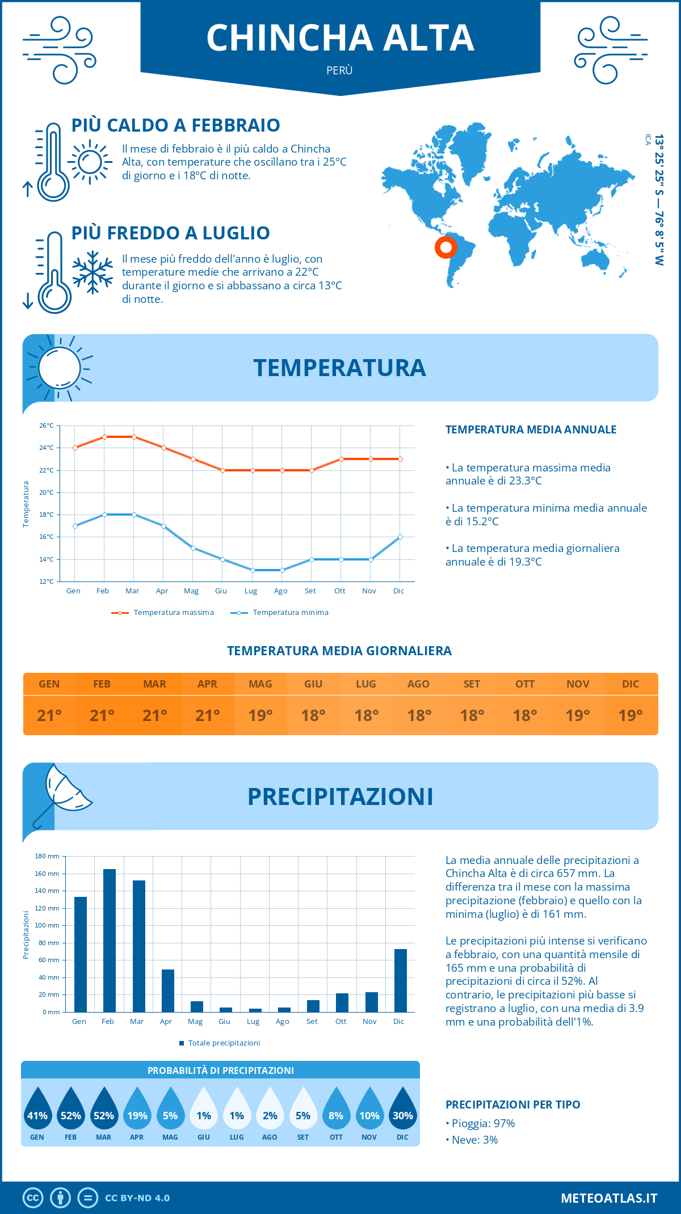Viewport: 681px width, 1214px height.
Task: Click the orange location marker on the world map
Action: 446,247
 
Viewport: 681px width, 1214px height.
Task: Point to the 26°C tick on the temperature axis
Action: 47,425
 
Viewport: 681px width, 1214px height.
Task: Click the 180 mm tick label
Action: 47,856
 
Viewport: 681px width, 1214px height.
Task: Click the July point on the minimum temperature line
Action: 253,570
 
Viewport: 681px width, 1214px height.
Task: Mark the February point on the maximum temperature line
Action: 104,437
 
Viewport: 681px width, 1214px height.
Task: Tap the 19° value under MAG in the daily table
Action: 260,715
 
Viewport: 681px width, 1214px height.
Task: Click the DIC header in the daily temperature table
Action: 630,684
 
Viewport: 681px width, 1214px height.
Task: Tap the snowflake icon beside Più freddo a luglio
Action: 93,272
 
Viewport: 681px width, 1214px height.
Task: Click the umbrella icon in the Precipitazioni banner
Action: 62,791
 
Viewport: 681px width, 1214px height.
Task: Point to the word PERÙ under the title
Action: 339,70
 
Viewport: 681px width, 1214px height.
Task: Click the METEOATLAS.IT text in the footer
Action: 609,1198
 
